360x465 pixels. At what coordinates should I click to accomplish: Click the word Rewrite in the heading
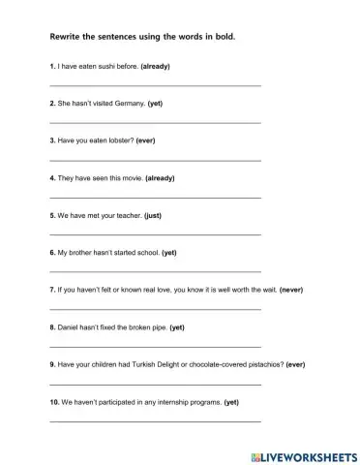pyautogui.click(x=66, y=37)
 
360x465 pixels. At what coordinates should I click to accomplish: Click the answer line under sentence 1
pyautogui.click(x=155, y=86)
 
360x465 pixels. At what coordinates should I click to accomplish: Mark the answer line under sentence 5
pyautogui.click(x=155, y=234)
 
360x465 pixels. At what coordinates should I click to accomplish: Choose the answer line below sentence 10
pyautogui.click(x=155, y=421)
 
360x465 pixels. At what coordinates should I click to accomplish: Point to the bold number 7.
pyautogui.click(x=52, y=290)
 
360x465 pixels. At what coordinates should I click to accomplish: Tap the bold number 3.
pyautogui.click(x=52, y=140)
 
